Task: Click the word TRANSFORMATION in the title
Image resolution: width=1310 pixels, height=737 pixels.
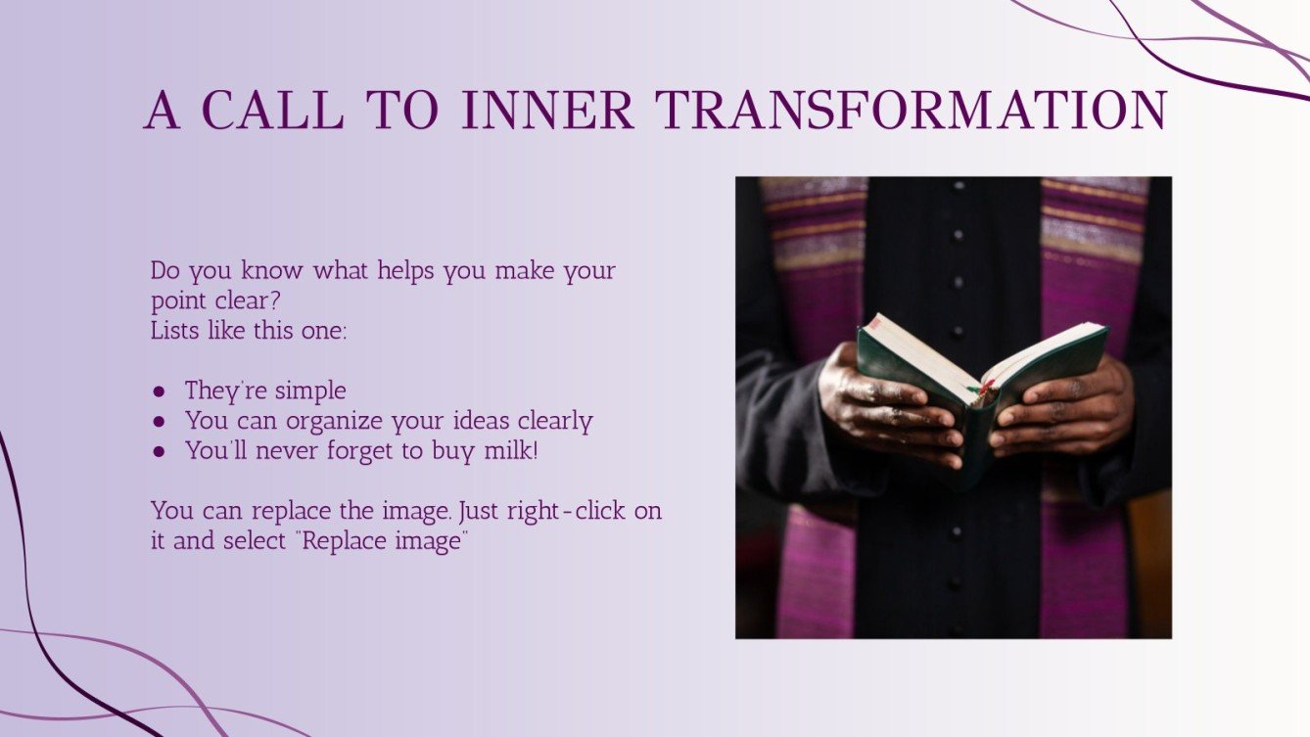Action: point(912,111)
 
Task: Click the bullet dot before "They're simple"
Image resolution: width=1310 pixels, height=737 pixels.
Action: point(160,392)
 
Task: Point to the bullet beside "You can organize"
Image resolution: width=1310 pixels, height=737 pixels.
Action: point(160,422)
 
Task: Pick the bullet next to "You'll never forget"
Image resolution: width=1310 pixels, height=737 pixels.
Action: point(160,452)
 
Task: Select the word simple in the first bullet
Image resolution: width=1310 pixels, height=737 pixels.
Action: point(310,392)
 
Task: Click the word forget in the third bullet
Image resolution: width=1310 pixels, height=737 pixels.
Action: point(387,451)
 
